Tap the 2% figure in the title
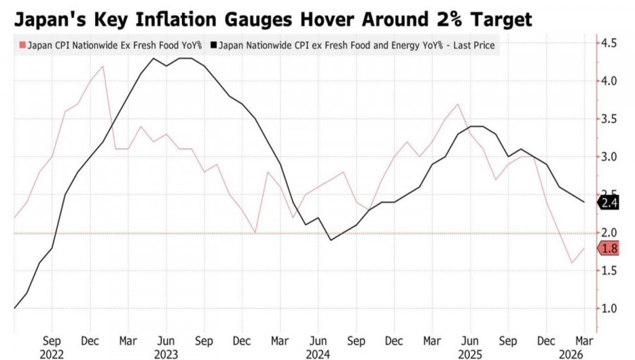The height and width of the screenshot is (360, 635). [447, 18]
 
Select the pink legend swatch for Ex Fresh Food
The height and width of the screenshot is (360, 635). [21, 45]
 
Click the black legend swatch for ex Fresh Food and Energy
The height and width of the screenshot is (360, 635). [214, 45]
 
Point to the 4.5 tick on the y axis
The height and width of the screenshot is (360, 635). [610, 44]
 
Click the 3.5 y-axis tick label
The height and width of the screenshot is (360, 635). [610, 119]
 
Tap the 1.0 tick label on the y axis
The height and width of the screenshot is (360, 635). [610, 308]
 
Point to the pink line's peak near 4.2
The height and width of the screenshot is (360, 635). [103, 66]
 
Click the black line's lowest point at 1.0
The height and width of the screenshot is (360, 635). [15, 308]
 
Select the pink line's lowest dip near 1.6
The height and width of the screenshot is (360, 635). [571, 263]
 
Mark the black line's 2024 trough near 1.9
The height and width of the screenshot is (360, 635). [332, 240]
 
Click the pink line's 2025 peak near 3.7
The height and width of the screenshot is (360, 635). [459, 104]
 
